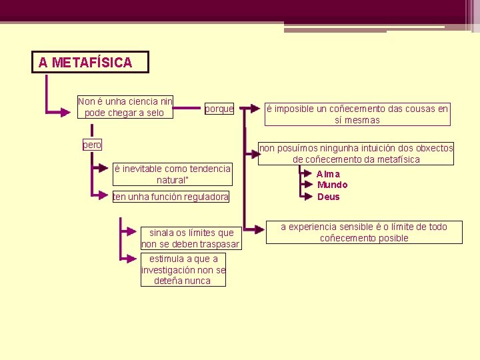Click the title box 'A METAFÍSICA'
tap(90, 62)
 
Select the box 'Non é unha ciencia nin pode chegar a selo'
tap(125, 107)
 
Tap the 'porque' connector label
tap(219, 109)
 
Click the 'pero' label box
tap(92, 145)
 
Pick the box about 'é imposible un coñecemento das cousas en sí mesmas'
tap(357, 114)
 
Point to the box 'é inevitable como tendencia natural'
tap(173, 175)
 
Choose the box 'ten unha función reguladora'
tap(171, 197)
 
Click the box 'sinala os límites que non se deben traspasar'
tap(191, 239)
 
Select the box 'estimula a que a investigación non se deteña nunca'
tap(183, 270)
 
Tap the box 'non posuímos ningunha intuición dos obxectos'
tap(356, 153)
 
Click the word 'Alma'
tap(329, 174)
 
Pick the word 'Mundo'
tap(332, 185)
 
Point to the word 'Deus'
tap(329, 197)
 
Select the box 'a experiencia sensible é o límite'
tap(363, 233)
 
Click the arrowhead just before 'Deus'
tap(307, 197)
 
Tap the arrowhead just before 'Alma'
tap(307, 174)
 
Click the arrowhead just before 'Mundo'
tap(307, 185)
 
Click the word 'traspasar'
tap(219, 244)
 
